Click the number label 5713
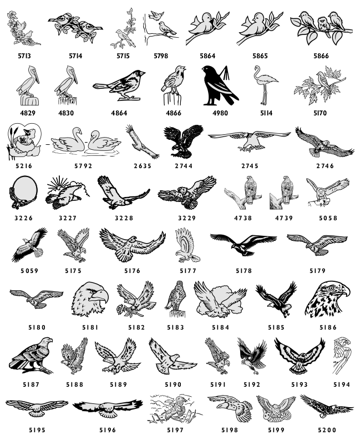click(x=24, y=56)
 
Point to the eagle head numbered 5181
click(x=90, y=299)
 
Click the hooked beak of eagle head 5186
click(x=345, y=290)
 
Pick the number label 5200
click(x=327, y=430)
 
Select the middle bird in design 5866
click(x=324, y=24)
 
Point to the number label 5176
click(x=133, y=271)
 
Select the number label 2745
click(x=250, y=166)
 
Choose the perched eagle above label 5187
click(x=32, y=355)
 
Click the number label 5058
click(x=328, y=218)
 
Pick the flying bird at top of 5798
click(x=156, y=15)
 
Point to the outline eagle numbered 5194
click(x=342, y=355)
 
